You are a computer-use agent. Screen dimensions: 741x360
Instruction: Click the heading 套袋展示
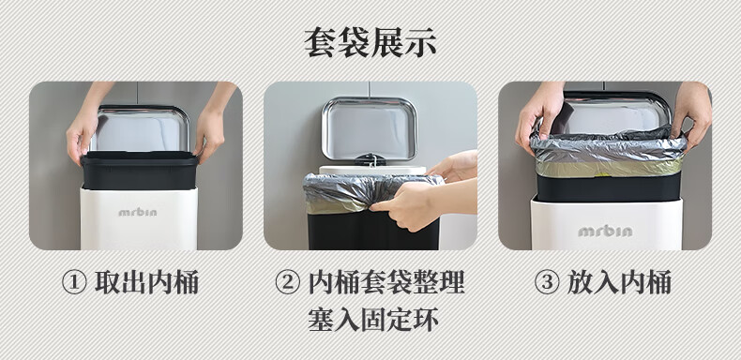coord(370,43)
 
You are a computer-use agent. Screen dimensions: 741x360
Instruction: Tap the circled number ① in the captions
coord(74,283)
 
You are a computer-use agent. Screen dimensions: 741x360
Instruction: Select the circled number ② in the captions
coord(287,283)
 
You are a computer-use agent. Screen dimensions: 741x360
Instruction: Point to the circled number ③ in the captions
coord(546,283)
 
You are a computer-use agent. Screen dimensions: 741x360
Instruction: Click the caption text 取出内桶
coord(146,283)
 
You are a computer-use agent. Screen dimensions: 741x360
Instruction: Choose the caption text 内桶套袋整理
coord(386,283)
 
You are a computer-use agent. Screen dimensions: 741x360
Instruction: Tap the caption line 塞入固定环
coord(373,320)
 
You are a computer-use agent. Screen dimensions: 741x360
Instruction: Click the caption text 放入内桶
coord(619,283)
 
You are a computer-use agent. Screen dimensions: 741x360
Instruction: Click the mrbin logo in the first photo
coord(138,212)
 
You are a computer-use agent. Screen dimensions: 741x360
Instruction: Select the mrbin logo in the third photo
coord(605,231)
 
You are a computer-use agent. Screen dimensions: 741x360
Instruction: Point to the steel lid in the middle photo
coord(369,128)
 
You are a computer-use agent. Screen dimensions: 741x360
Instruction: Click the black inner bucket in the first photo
coord(140,171)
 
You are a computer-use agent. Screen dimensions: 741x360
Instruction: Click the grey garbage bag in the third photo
coord(608,152)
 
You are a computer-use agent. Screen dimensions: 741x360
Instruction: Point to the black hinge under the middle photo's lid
coord(370,159)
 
